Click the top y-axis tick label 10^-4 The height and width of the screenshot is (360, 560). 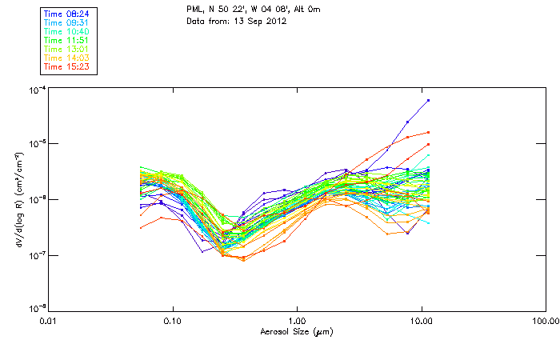pyautogui.click(x=37, y=90)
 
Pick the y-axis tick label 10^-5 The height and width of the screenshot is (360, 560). pyautogui.click(x=37, y=144)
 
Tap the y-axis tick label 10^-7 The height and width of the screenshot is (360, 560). pyautogui.click(x=37, y=254)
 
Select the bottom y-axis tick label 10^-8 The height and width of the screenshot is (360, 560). pyautogui.click(x=37, y=308)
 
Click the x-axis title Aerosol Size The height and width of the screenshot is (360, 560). pyautogui.click(x=296, y=331)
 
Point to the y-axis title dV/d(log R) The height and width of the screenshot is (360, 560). pyautogui.click(x=15, y=198)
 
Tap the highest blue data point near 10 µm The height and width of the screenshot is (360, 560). pyautogui.click(x=429, y=100)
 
